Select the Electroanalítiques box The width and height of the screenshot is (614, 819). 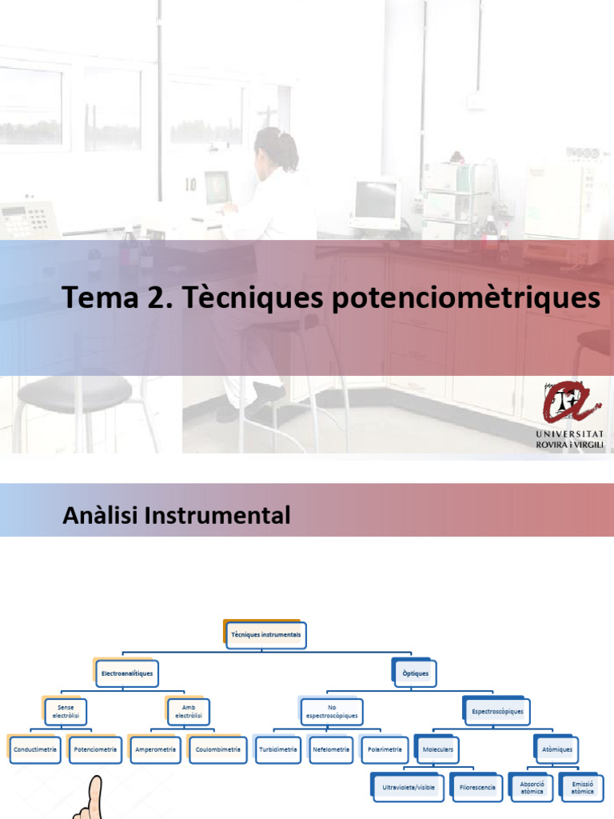pyautogui.click(x=127, y=673)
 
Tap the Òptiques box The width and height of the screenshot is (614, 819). pyautogui.click(x=416, y=673)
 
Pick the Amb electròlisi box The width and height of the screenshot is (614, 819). pyautogui.click(x=189, y=712)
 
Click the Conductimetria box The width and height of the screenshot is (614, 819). pyautogui.click(x=34, y=750)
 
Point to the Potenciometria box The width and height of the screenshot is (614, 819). pyautogui.click(x=95, y=750)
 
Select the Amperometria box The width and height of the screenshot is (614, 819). pyautogui.click(x=156, y=750)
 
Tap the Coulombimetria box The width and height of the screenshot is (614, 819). pyautogui.click(x=217, y=750)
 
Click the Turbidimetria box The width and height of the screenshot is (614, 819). pyautogui.click(x=278, y=750)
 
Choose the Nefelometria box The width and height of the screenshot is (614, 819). pyautogui.click(x=331, y=750)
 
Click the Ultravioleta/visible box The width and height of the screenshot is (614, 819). pyautogui.click(x=409, y=788)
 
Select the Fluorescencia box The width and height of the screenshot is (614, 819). pyautogui.click(x=477, y=788)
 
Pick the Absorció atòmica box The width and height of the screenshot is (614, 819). pyautogui.click(x=532, y=788)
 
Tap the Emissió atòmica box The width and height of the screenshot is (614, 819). pyautogui.click(x=583, y=788)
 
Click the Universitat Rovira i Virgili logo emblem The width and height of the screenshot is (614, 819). pyautogui.click(x=568, y=402)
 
